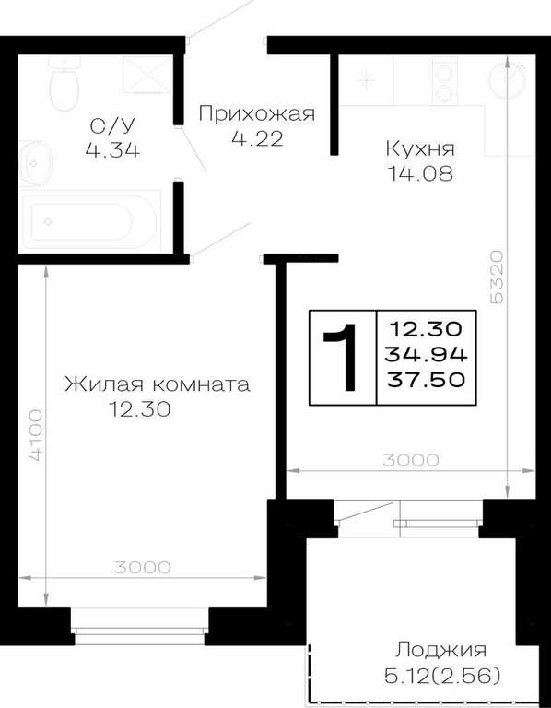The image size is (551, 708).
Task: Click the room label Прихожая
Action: (257, 113)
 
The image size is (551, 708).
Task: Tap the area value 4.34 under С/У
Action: (112, 149)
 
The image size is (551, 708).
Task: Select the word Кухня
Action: (420, 149)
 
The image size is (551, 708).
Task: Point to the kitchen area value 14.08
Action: (421, 174)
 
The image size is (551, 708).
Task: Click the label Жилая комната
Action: (157, 385)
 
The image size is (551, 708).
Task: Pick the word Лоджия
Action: (440, 651)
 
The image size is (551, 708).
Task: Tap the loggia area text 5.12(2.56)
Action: (441, 677)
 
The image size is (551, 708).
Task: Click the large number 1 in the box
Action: (342, 357)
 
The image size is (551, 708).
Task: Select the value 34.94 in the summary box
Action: (426, 355)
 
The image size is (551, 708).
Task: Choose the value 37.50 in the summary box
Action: (426, 380)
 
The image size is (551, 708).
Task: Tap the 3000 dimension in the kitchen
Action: (411, 460)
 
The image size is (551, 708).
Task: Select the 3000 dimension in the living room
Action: (142, 567)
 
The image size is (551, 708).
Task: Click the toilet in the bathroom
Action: (64, 84)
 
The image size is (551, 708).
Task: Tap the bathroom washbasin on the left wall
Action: (36, 162)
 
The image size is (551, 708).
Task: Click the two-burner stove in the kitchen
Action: (445, 80)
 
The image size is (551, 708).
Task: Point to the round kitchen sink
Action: (508, 81)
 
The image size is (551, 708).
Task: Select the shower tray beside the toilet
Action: (147, 75)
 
